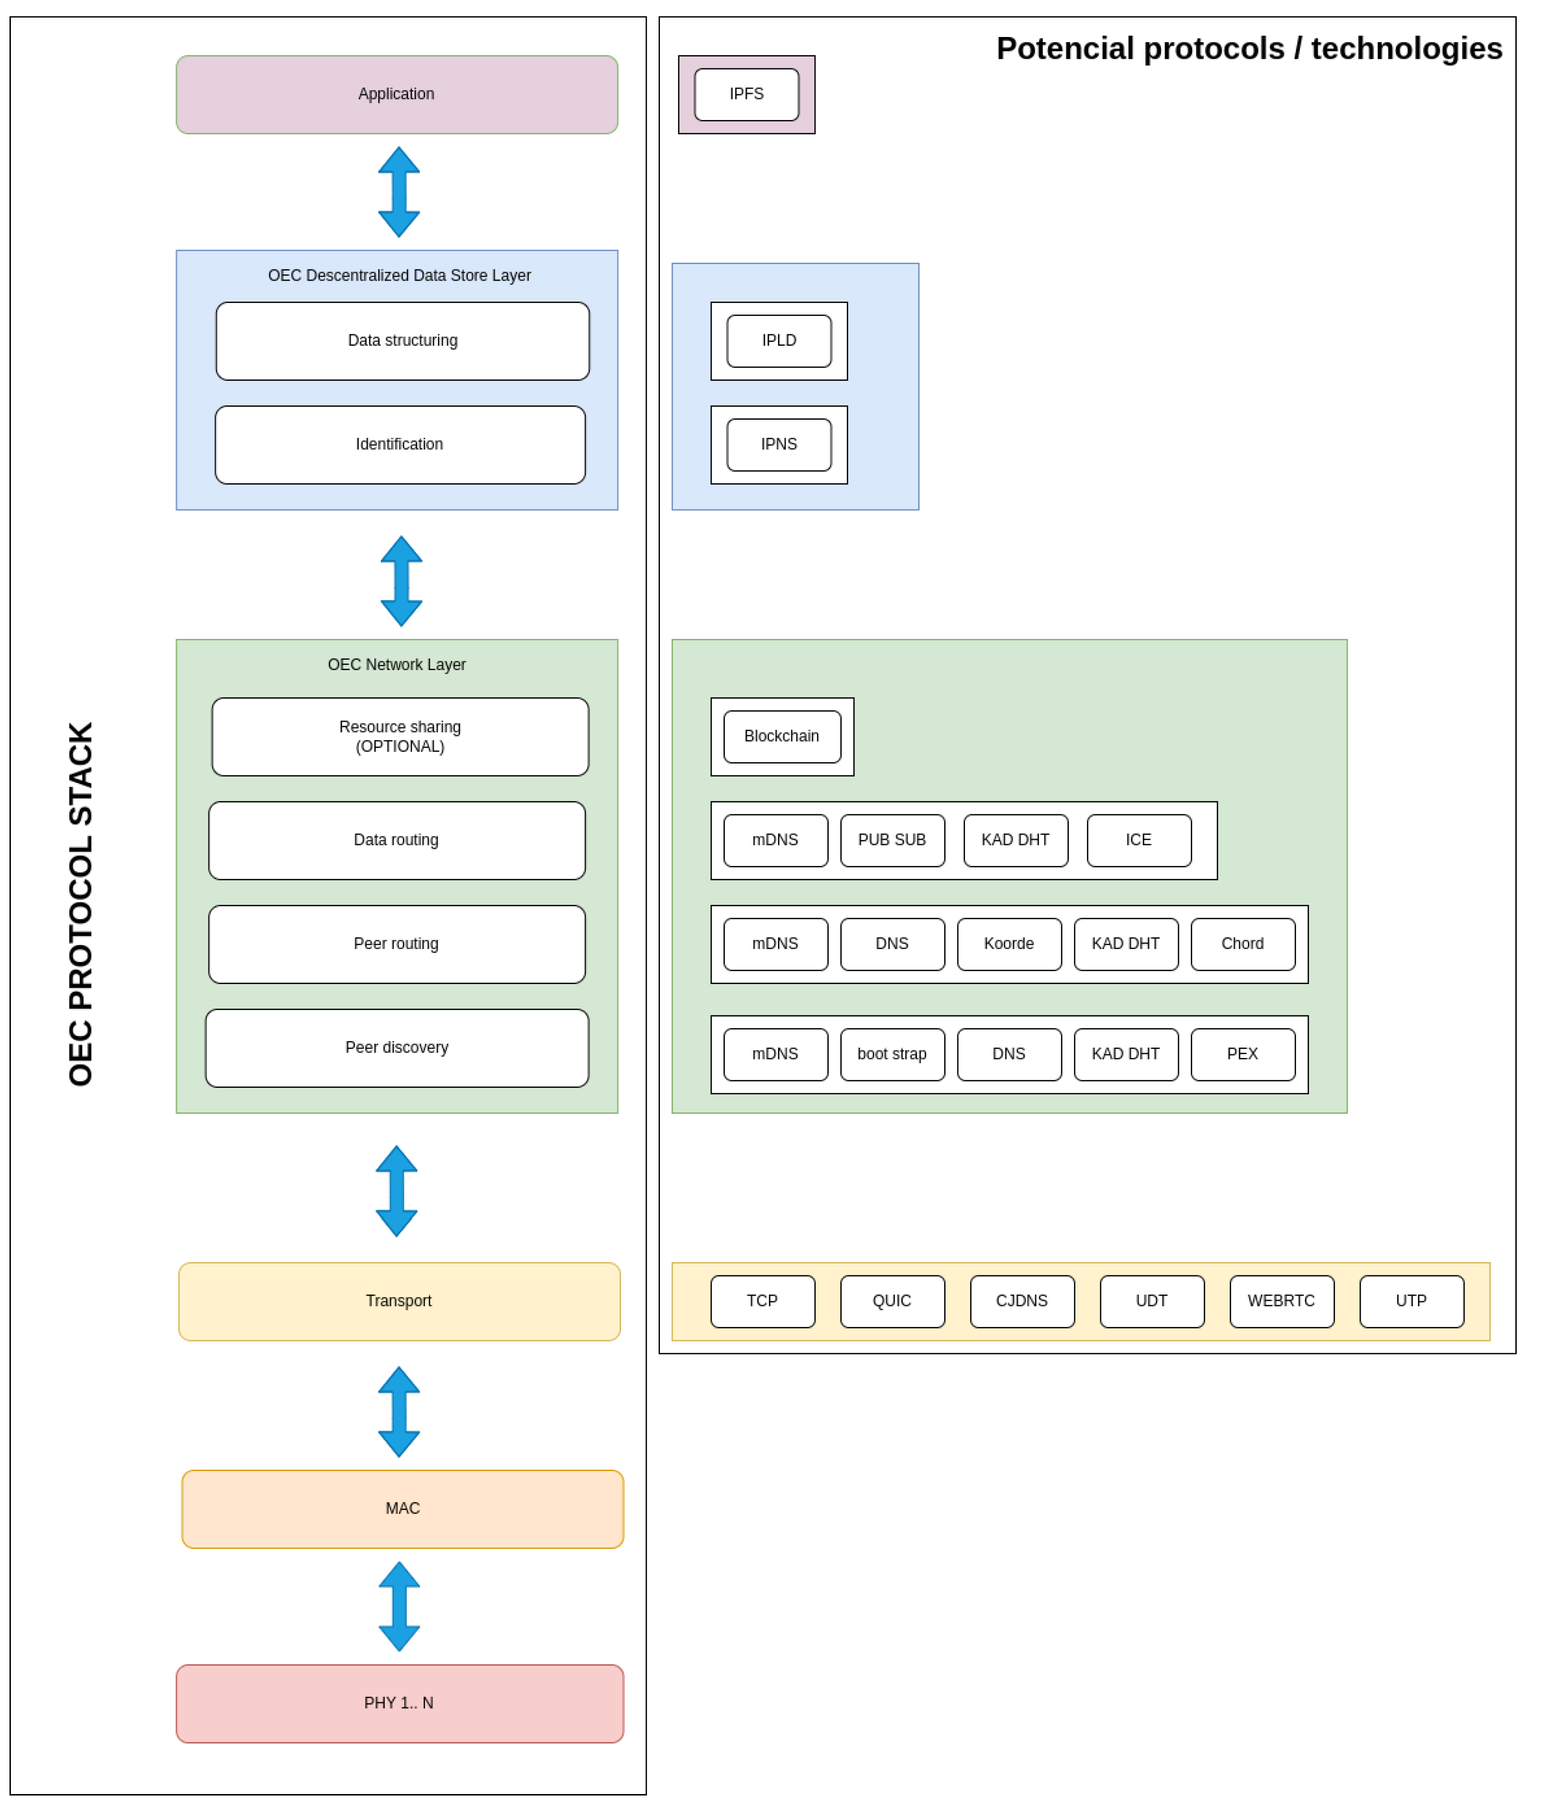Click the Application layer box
[397, 94]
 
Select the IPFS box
[746, 94]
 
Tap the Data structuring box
[402, 341]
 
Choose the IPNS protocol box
[779, 445]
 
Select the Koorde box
[1009, 944]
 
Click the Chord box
[1243, 944]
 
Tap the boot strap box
[891, 1054]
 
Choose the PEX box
[1243, 1054]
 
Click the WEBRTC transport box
[1281, 1301]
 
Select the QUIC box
[891, 1301]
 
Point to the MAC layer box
[402, 1509]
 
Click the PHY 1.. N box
[399, 1703]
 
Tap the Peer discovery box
[397, 1048]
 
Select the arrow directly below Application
[399, 192]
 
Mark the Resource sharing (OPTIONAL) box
[399, 737]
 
